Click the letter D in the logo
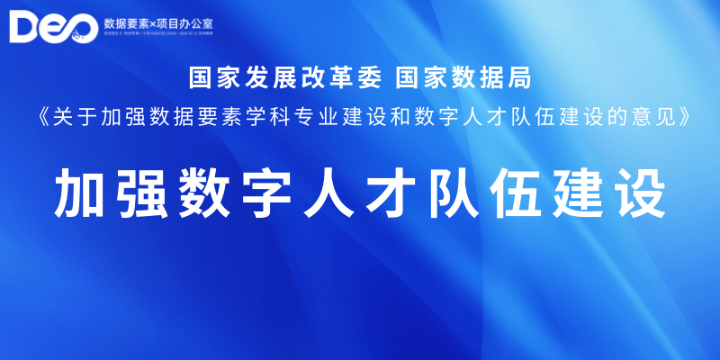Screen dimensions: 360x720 pyautogui.click(x=27, y=27)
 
